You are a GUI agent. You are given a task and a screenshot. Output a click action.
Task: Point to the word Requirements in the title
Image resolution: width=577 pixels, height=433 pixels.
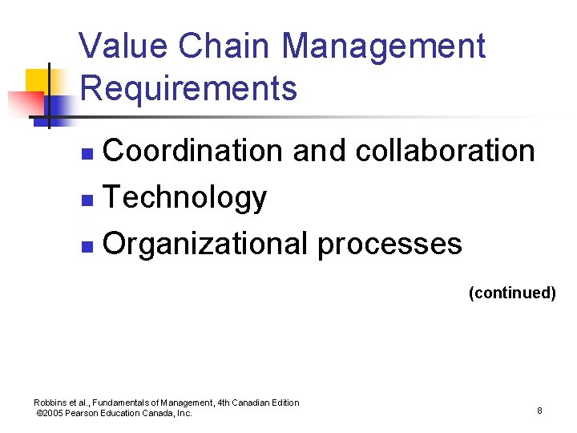189,88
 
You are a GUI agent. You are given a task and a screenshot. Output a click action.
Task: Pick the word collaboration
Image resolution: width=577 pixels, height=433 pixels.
445,150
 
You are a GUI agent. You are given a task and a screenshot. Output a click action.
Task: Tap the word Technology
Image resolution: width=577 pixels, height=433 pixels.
185,197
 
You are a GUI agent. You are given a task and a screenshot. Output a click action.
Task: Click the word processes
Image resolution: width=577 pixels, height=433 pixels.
390,244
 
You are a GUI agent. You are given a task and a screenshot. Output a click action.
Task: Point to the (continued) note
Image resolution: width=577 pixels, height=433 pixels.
512,293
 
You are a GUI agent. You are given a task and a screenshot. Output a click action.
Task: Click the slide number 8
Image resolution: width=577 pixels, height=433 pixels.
539,411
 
